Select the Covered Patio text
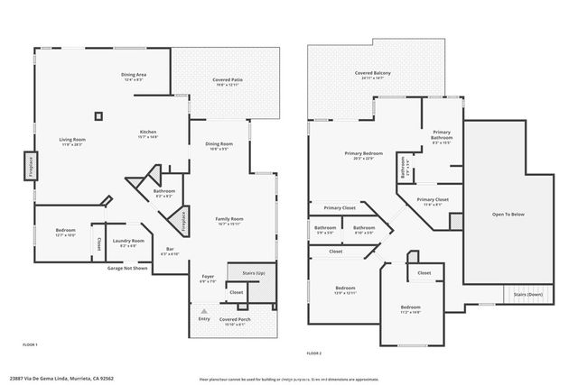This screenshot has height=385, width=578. point(228,79)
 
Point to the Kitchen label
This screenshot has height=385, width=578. point(148,131)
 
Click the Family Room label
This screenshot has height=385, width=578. point(228,219)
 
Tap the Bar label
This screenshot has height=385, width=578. point(170,250)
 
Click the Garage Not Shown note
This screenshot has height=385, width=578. point(127,268)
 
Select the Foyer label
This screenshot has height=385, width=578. point(208,277)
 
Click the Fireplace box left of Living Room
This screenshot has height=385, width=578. point(29,167)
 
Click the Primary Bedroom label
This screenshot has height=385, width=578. point(364,153)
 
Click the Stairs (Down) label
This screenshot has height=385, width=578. point(528,294)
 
